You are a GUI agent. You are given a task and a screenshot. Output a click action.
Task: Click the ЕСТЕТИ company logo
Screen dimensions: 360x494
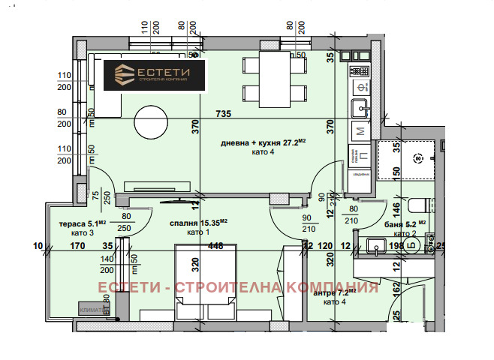tap(154, 76)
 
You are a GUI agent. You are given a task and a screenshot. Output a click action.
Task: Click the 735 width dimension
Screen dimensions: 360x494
tap(222, 114)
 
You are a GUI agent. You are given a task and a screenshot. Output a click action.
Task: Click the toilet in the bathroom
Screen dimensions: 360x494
tap(419, 203)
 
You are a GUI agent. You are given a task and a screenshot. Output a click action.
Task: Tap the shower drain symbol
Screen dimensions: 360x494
tap(418, 158)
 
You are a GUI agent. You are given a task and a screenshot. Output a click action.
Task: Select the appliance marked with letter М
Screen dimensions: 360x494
tap(360, 131)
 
